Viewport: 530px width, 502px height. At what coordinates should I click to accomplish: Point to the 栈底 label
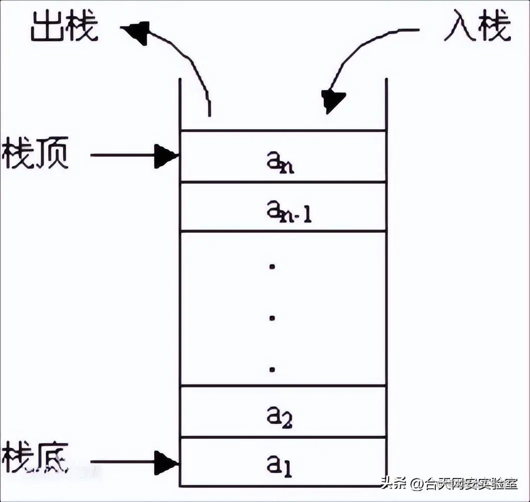tap(35, 457)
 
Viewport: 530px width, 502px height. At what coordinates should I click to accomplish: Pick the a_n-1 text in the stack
tap(289, 212)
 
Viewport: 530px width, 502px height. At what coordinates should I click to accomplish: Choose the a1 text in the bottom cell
tap(280, 466)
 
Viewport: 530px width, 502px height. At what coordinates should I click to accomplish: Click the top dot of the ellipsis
tap(273, 267)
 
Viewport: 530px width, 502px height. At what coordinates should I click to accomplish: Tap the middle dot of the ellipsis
tap(273, 318)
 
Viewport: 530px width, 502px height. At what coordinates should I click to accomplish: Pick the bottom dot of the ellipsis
tap(273, 370)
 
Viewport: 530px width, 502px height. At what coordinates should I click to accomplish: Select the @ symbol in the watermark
tap(417, 484)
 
